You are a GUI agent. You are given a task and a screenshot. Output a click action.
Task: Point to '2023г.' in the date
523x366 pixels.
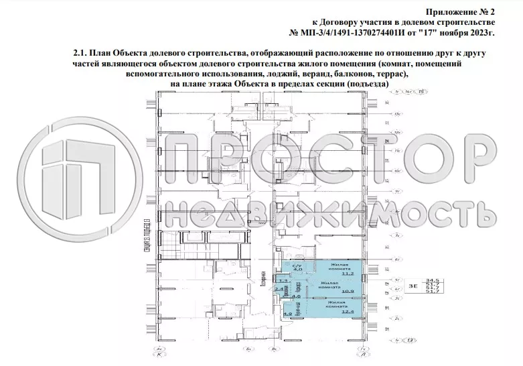click(481, 32)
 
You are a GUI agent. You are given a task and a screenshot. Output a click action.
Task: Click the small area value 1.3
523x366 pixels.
click(283, 280)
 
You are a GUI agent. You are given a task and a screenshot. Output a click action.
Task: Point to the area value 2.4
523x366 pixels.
click(279, 290)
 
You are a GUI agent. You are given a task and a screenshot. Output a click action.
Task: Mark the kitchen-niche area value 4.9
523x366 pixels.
click(287, 314)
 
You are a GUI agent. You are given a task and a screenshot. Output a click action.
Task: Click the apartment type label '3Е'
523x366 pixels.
click(413, 286)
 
